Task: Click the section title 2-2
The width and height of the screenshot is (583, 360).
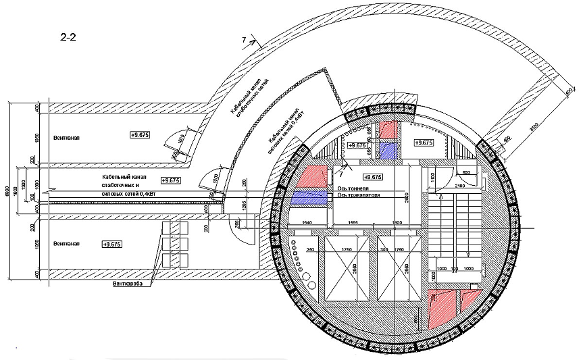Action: pyautogui.click(x=68, y=38)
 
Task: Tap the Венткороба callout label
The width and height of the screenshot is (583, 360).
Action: pyautogui.click(x=130, y=284)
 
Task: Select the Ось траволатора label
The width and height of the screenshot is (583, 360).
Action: pyautogui.click(x=357, y=195)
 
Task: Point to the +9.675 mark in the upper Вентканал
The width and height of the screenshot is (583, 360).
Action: pyautogui.click(x=140, y=135)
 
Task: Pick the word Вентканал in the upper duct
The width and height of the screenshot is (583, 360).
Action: pyautogui.click(x=66, y=136)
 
